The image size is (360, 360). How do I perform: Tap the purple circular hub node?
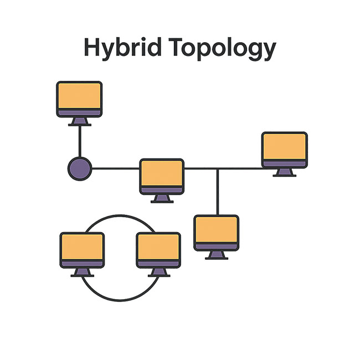[x=80, y=168]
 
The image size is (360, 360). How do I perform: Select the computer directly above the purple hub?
[x=80, y=99]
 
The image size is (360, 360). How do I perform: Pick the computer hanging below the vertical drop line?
[x=217, y=233]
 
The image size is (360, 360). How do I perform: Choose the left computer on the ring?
[x=82, y=250]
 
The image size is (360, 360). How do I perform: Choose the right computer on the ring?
[x=158, y=250]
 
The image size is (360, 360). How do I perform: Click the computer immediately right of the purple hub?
[x=162, y=176]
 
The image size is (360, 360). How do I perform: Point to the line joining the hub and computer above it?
[x=80, y=141]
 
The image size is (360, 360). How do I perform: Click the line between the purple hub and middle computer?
[x=115, y=168]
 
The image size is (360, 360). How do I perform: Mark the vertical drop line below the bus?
[x=217, y=192]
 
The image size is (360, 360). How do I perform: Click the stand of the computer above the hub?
[x=80, y=121]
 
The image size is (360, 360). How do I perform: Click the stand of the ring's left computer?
[x=82, y=272]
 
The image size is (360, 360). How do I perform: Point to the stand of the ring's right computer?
[x=158, y=272]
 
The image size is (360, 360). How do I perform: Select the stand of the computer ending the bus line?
[x=285, y=172]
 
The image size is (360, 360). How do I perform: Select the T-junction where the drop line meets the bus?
[x=217, y=168]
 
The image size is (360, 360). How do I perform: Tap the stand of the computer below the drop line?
[x=217, y=255]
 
